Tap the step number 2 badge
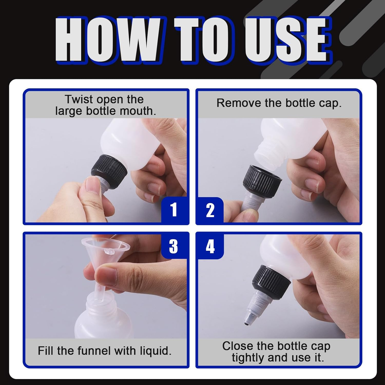click(x=210, y=210)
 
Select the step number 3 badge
click(x=174, y=246)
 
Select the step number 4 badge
click(x=210, y=246)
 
